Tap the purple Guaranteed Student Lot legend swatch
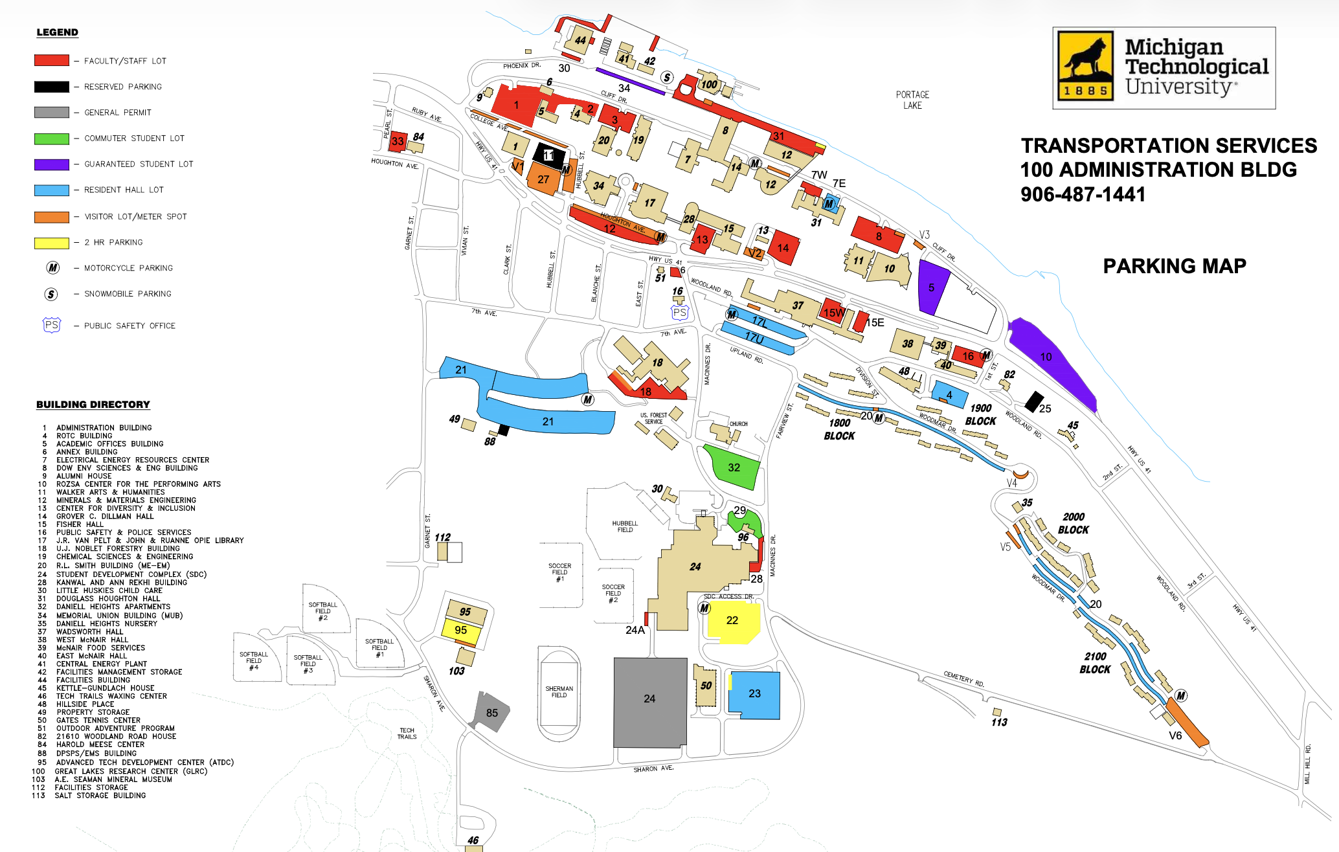(52, 164)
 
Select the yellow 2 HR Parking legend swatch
(52, 243)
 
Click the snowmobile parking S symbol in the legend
(51, 295)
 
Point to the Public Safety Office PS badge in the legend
(52, 325)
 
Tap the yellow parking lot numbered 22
(732, 621)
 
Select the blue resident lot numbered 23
(754, 694)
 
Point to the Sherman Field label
(559, 691)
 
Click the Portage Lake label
(912, 100)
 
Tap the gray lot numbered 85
(492, 712)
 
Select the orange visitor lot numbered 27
(543, 179)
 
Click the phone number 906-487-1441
(1083, 194)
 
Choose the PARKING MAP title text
(1174, 266)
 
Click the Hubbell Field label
(625, 526)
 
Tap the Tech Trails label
(407, 734)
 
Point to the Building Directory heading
(93, 405)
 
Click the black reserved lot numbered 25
(1034, 401)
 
